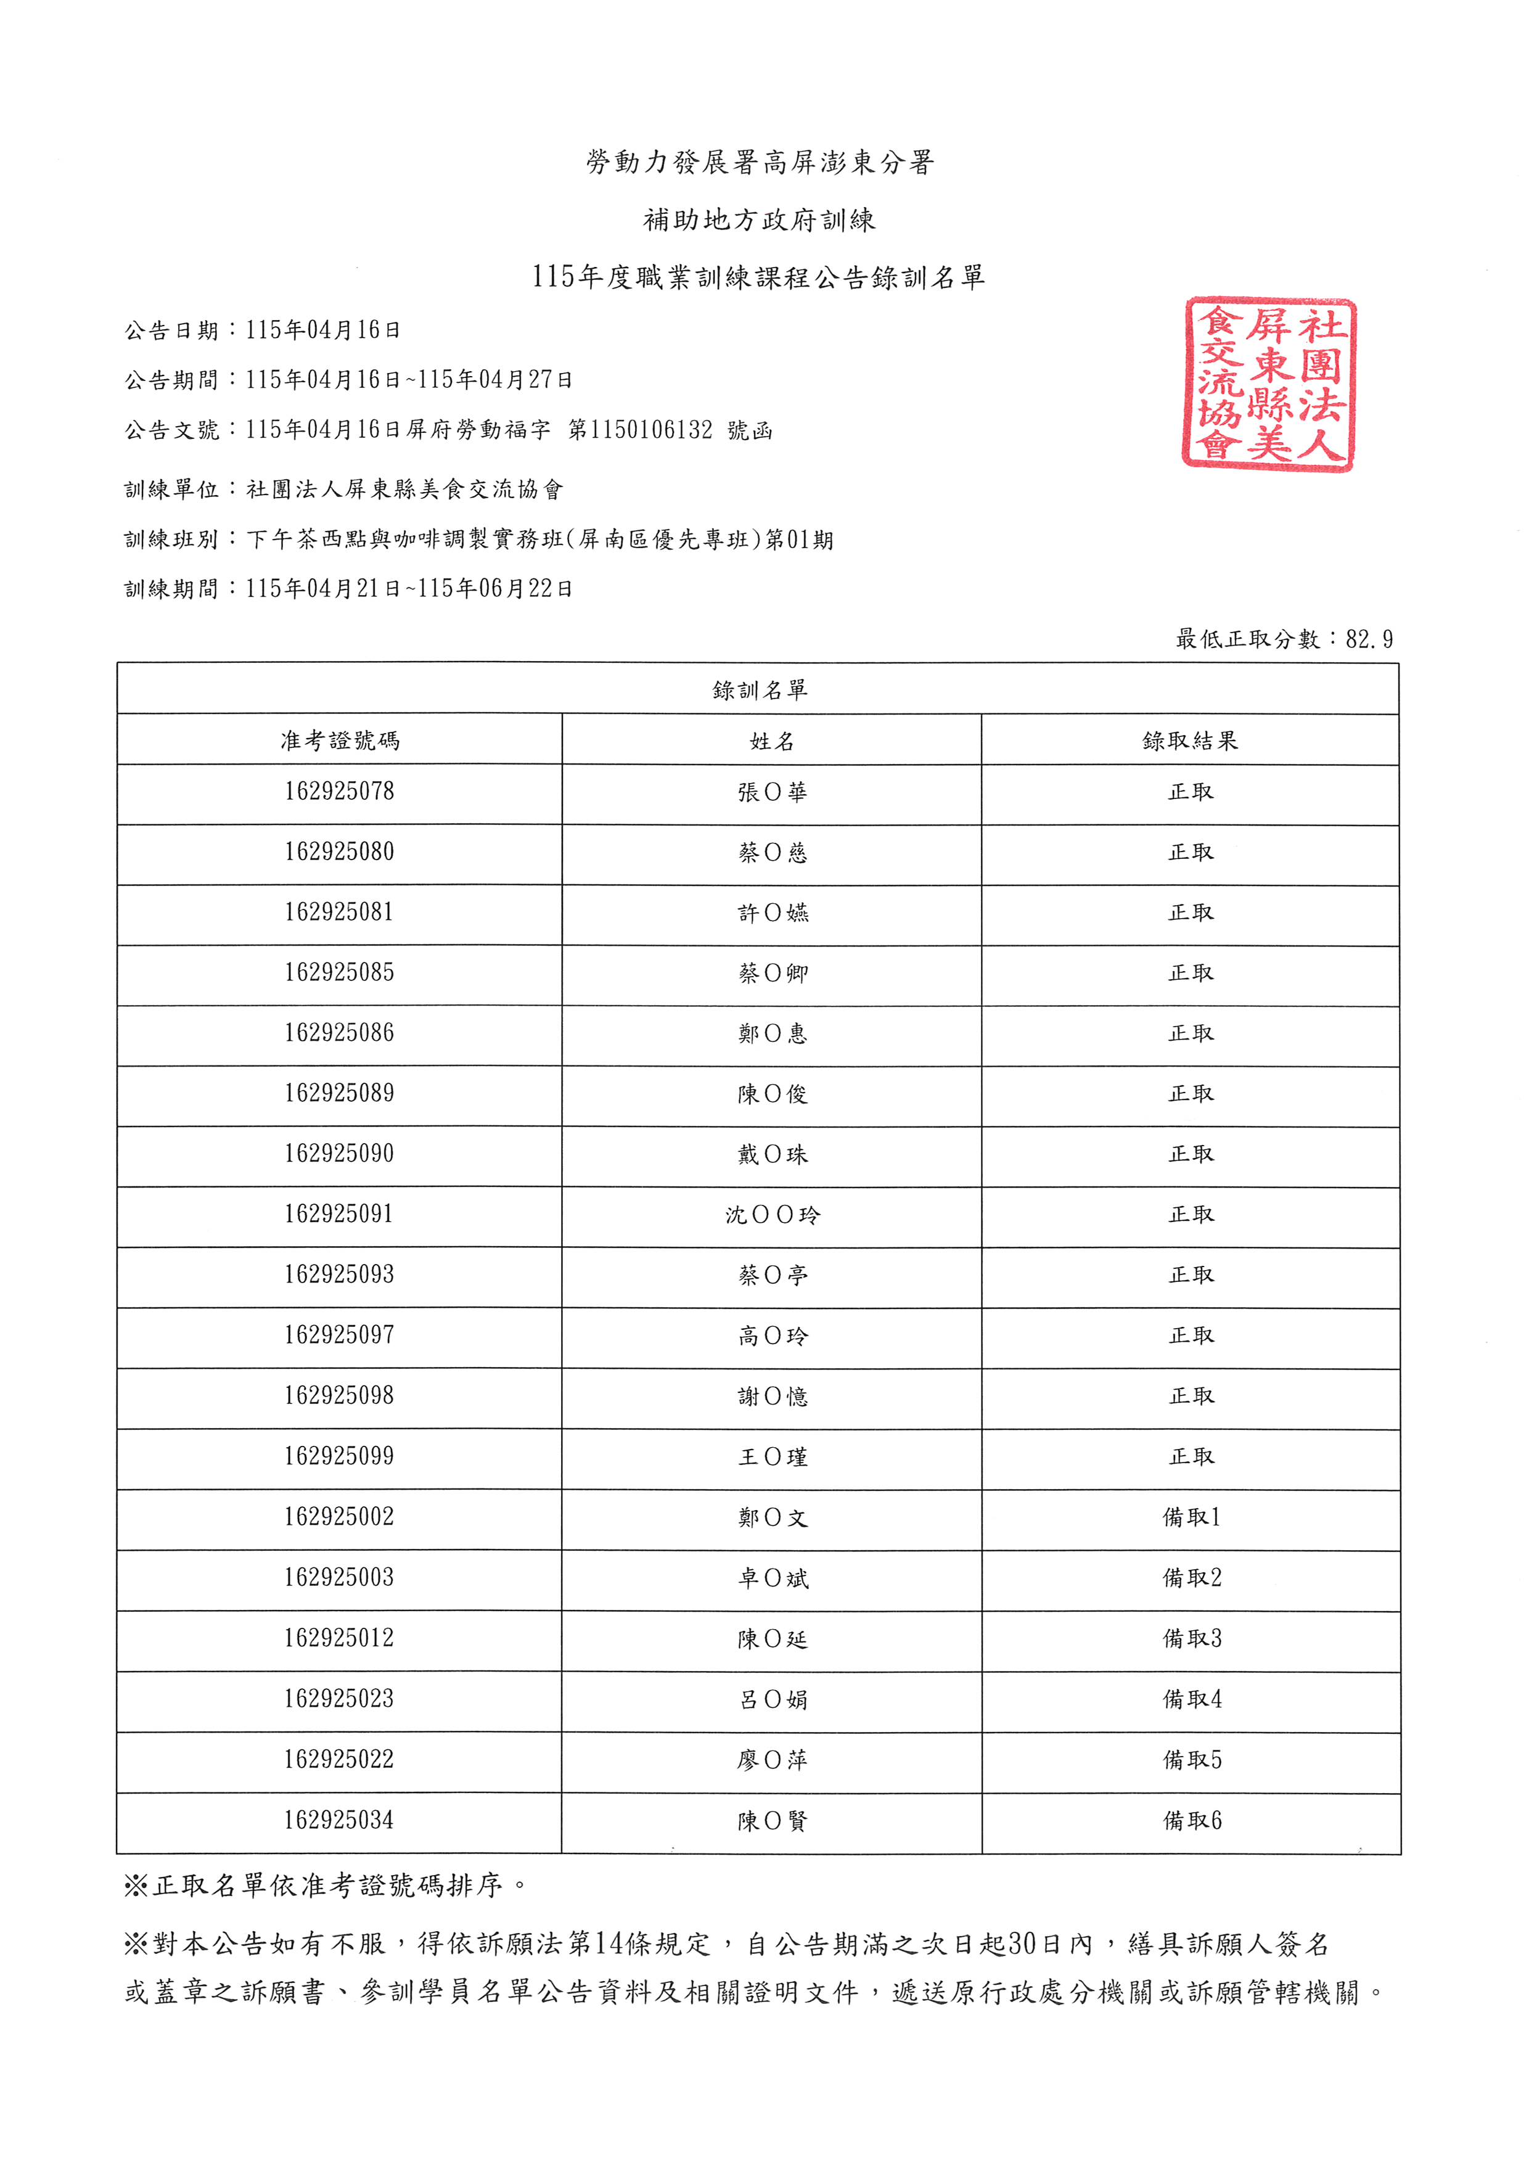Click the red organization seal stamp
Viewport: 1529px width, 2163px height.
click(1268, 384)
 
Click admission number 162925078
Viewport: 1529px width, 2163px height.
click(339, 791)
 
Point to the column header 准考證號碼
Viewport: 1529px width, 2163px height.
click(339, 741)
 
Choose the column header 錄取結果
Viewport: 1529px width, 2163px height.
click(1190, 741)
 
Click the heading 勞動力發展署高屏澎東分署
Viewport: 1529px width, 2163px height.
click(760, 163)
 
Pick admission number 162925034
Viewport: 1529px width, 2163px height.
click(339, 1820)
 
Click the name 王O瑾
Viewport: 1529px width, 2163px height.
click(773, 1456)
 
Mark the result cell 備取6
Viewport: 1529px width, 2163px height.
click(1192, 1820)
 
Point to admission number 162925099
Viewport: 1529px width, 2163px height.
click(339, 1456)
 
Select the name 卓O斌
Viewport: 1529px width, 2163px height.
click(773, 1578)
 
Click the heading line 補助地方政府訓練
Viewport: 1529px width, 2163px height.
click(760, 221)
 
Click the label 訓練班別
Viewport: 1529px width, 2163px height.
click(171, 540)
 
